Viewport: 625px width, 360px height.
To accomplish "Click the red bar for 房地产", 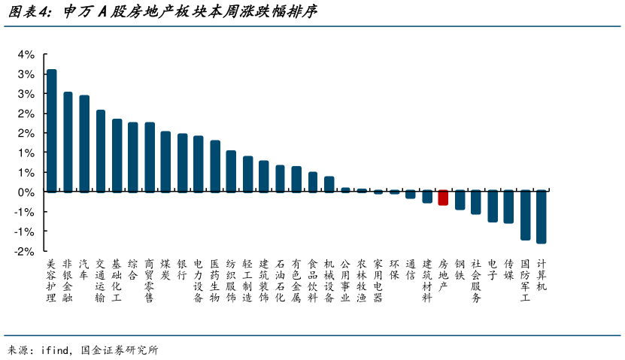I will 443,198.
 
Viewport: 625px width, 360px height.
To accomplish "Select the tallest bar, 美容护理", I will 51,131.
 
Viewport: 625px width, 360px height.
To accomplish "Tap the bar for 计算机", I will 541,216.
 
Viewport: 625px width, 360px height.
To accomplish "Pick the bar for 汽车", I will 84,144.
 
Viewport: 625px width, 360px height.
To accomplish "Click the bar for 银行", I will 182,162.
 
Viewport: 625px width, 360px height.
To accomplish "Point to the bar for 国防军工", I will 525,215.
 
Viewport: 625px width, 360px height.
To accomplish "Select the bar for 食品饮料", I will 313,182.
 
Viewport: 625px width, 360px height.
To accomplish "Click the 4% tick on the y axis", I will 26,55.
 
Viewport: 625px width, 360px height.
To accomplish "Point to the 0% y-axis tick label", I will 26,192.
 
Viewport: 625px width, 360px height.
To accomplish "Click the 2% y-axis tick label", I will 26,113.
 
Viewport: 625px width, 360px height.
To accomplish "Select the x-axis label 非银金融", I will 68,280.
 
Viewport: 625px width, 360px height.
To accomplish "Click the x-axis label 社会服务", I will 476,280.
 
